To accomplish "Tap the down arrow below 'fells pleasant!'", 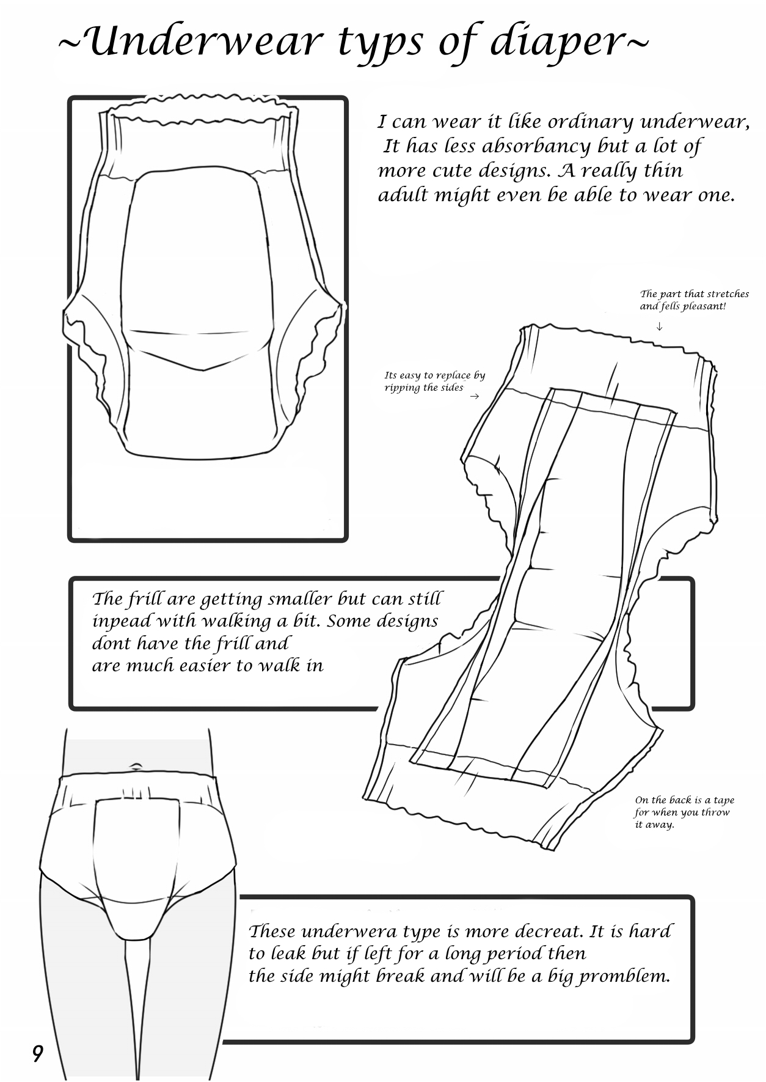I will [x=660, y=327].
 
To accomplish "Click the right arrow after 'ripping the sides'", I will [x=474, y=397].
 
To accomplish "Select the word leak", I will [x=290, y=954].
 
